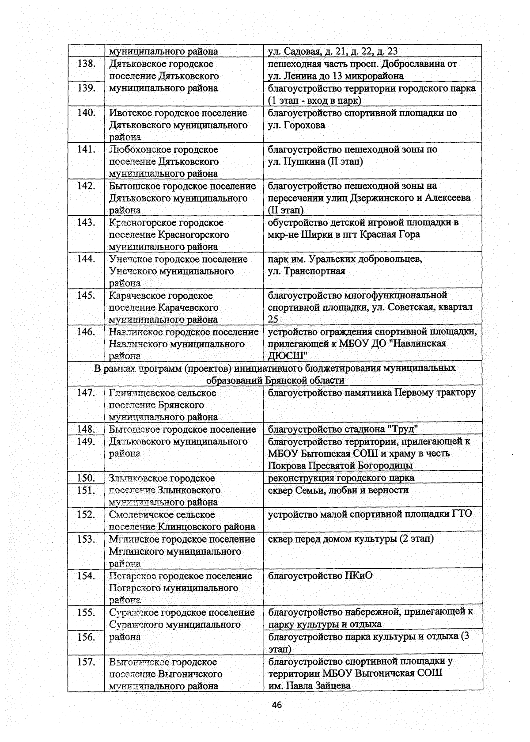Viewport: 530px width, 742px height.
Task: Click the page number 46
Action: pyautogui.click(x=277, y=705)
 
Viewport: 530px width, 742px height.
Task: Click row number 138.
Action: pyautogui.click(x=87, y=64)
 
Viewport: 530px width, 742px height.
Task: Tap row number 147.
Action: pyautogui.click(x=87, y=393)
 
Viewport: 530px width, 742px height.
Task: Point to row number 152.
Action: pyautogui.click(x=87, y=514)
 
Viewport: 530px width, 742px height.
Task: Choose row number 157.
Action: pyautogui.click(x=87, y=662)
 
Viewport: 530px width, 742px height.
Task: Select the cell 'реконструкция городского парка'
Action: pyautogui.click(x=341, y=478)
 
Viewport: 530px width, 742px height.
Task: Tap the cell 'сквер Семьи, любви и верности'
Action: pyautogui.click(x=338, y=490)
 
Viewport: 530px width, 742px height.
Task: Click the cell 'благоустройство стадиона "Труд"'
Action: pyautogui.click(x=343, y=429)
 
